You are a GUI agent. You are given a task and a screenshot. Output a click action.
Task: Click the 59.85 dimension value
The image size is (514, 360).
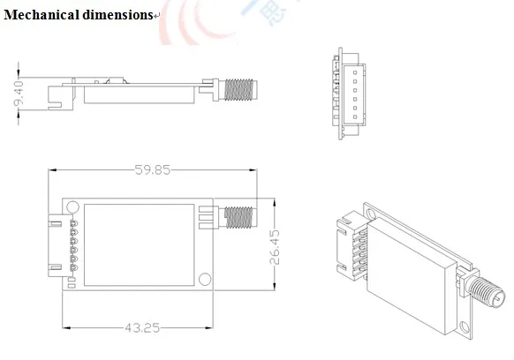click(153, 170)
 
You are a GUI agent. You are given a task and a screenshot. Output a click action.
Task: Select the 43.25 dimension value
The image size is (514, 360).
click(142, 327)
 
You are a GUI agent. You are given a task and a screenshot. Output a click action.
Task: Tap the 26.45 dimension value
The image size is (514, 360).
click(275, 247)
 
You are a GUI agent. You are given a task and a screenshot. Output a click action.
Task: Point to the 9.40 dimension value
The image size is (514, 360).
click(19, 94)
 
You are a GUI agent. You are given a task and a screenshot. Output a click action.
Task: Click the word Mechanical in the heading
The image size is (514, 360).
click(42, 15)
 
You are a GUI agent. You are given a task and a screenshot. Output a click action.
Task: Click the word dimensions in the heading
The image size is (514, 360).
click(117, 15)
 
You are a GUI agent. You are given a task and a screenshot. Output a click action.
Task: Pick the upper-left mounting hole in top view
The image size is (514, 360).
click(72, 207)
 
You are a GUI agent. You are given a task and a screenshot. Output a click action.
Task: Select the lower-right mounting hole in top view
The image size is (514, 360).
click(205, 279)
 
